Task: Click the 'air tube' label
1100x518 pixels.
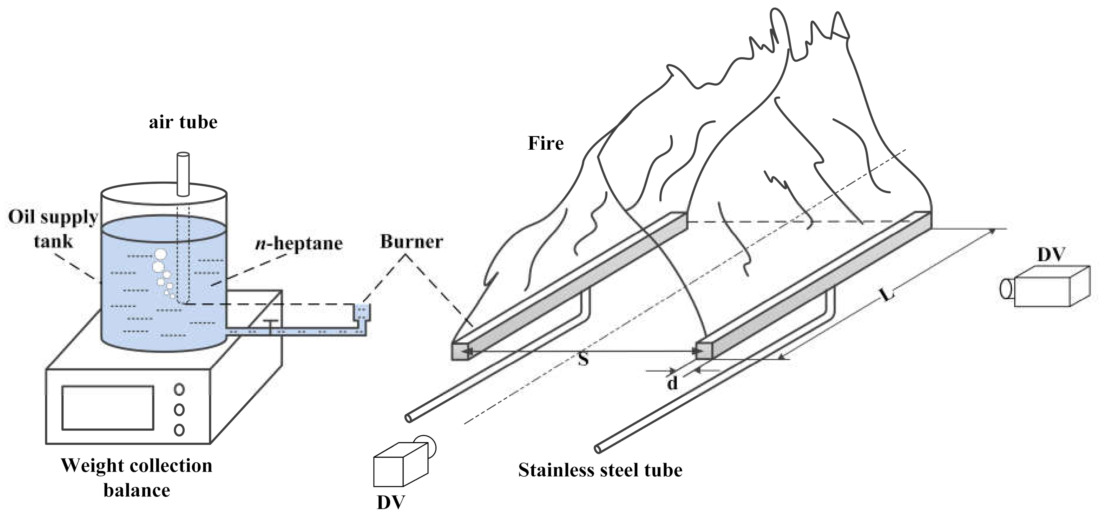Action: [183, 122]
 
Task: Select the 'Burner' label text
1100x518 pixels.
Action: [411, 242]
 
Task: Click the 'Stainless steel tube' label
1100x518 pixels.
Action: [600, 470]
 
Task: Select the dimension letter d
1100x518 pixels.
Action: [672, 383]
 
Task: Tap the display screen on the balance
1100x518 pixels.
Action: [108, 408]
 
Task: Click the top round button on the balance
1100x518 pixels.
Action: [179, 389]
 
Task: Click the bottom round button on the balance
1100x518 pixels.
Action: [179, 429]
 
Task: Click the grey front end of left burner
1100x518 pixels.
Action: [460, 352]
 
